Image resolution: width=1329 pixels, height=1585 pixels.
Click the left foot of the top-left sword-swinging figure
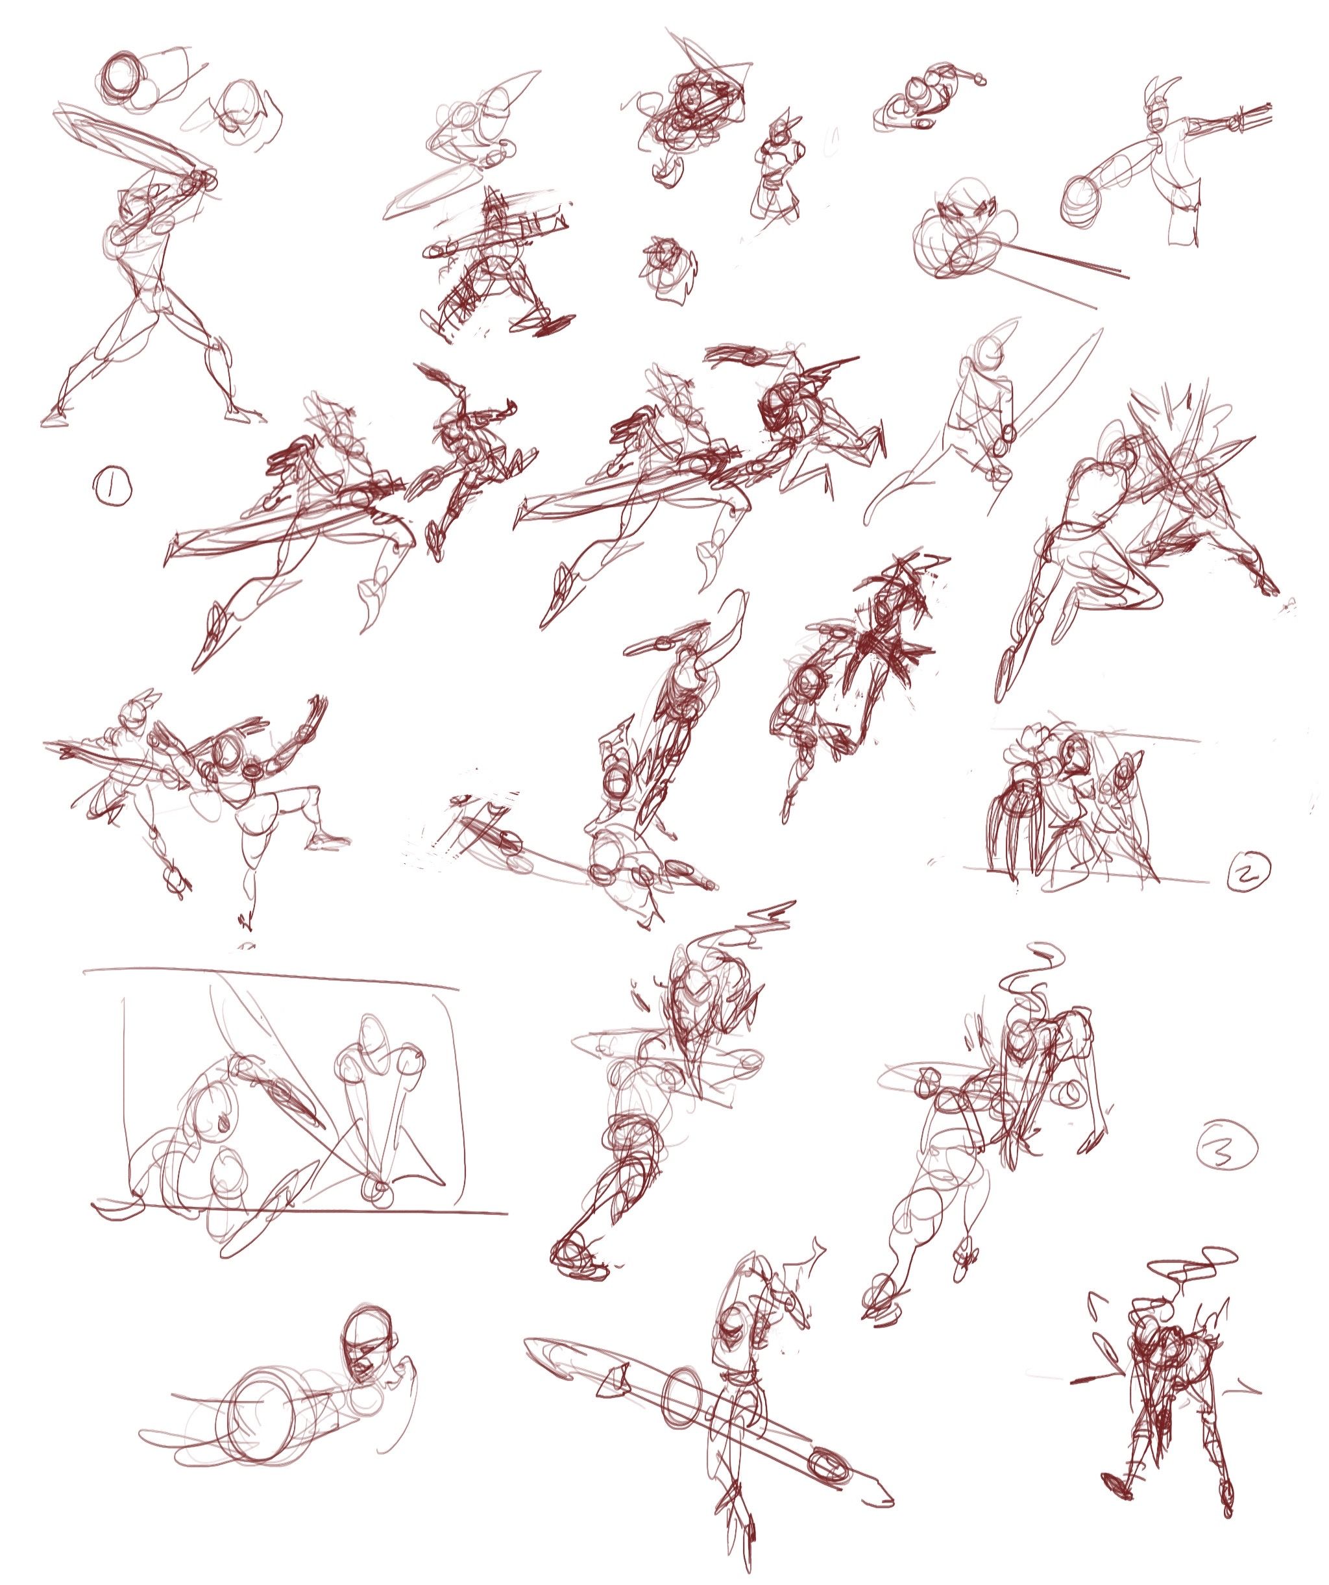(x=56, y=417)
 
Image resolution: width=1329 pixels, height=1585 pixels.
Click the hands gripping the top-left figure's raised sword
(x=199, y=180)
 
